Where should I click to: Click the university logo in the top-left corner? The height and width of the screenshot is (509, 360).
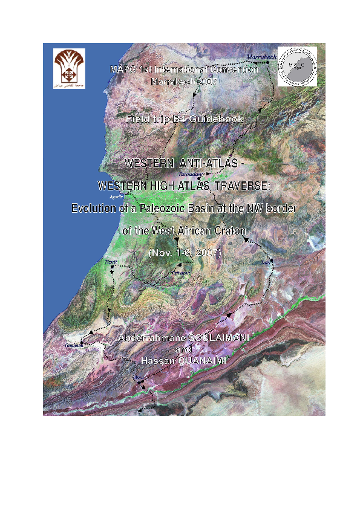pyautogui.click(x=69, y=68)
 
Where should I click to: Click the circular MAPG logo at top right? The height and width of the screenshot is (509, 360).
pyautogui.click(x=296, y=66)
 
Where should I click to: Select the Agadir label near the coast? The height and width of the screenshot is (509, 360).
pyautogui.click(x=116, y=197)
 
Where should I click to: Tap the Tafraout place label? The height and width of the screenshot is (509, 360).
pyautogui.click(x=181, y=273)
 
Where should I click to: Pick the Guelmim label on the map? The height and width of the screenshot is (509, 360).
pyautogui.click(x=74, y=346)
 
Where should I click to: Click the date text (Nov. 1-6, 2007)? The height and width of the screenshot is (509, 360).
pyautogui.click(x=185, y=253)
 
